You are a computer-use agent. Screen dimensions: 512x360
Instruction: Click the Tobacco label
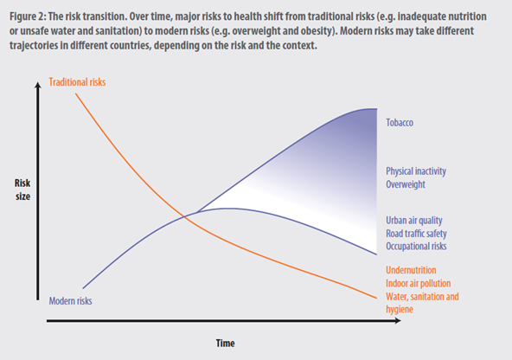click(x=400, y=123)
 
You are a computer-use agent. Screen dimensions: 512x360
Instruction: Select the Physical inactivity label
click(x=416, y=171)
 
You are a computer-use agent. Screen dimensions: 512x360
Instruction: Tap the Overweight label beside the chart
click(x=406, y=184)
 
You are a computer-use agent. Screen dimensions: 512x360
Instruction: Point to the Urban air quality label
click(x=414, y=221)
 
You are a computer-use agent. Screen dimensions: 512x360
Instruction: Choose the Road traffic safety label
click(x=416, y=234)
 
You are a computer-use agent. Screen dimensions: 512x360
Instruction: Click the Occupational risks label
click(x=416, y=247)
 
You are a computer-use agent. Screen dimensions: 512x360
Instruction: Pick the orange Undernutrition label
click(x=411, y=270)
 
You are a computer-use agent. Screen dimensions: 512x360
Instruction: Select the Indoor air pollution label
click(x=419, y=283)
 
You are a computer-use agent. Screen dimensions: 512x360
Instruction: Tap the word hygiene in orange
click(x=400, y=309)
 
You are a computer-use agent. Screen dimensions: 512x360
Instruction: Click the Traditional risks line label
click(x=77, y=82)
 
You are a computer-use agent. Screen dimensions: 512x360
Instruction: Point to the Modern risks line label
click(x=70, y=301)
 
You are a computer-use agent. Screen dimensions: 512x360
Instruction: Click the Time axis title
click(x=226, y=344)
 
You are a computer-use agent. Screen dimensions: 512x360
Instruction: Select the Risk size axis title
click(x=22, y=190)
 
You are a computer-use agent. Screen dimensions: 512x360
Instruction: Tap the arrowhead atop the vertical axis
click(x=38, y=85)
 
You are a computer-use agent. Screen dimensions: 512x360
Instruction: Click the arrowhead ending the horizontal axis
click(x=398, y=321)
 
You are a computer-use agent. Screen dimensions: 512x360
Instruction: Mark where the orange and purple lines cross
click(x=184, y=216)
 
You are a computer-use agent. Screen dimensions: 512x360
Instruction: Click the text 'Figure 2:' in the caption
click(x=28, y=16)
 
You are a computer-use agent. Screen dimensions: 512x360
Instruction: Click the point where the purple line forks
click(x=197, y=212)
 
